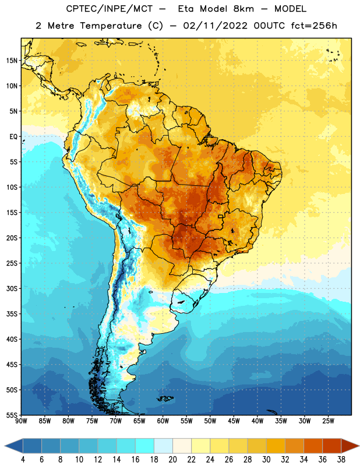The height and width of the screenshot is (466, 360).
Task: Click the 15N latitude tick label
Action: coord(12,61)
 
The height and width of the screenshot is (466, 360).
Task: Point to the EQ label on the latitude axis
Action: coord(13,137)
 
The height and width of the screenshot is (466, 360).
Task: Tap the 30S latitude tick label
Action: coord(12,288)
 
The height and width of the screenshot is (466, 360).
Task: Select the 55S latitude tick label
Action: coord(12,415)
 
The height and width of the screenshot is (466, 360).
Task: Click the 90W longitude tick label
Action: coord(21,421)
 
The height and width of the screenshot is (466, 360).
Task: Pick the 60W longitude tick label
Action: coord(163,421)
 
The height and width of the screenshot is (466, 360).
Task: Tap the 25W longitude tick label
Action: coord(328,421)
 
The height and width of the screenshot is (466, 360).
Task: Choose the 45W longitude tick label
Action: coord(234,421)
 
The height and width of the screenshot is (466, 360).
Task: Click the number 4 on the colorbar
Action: coord(23,460)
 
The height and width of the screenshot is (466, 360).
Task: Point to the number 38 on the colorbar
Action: coord(341,460)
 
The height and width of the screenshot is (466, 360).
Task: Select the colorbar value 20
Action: coord(172,460)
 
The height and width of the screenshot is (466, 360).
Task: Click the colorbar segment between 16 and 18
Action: coord(145,446)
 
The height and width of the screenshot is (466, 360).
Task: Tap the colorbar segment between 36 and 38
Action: coord(332,446)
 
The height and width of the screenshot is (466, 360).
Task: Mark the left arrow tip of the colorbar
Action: coord(5,446)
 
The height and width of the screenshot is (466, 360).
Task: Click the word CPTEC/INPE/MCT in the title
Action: coord(109,9)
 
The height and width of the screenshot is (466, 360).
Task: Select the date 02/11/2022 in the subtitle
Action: coord(215,26)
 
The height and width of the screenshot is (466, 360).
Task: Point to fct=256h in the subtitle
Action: coord(314,26)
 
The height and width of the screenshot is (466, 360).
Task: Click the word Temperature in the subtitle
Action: coord(111,26)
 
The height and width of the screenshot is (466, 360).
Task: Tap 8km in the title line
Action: coord(243,9)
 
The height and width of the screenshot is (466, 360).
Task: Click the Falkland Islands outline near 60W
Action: coord(165,398)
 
